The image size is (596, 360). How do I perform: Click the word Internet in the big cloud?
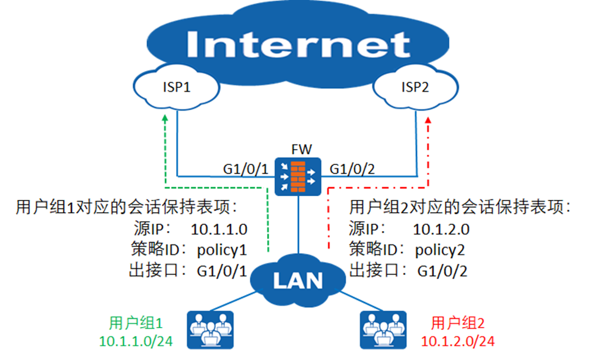pyautogui.click(x=298, y=45)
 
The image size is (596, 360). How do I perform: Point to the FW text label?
pyautogui.click(x=298, y=149)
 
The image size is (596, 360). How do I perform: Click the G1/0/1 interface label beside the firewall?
pyautogui.click(x=245, y=167)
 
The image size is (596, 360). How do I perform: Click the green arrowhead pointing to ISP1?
pyautogui.click(x=165, y=120)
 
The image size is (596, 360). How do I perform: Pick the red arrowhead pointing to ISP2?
pyautogui.click(x=429, y=120)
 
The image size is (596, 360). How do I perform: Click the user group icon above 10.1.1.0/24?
pyautogui.click(x=209, y=328)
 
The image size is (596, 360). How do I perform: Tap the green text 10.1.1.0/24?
pyautogui.click(x=136, y=340)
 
